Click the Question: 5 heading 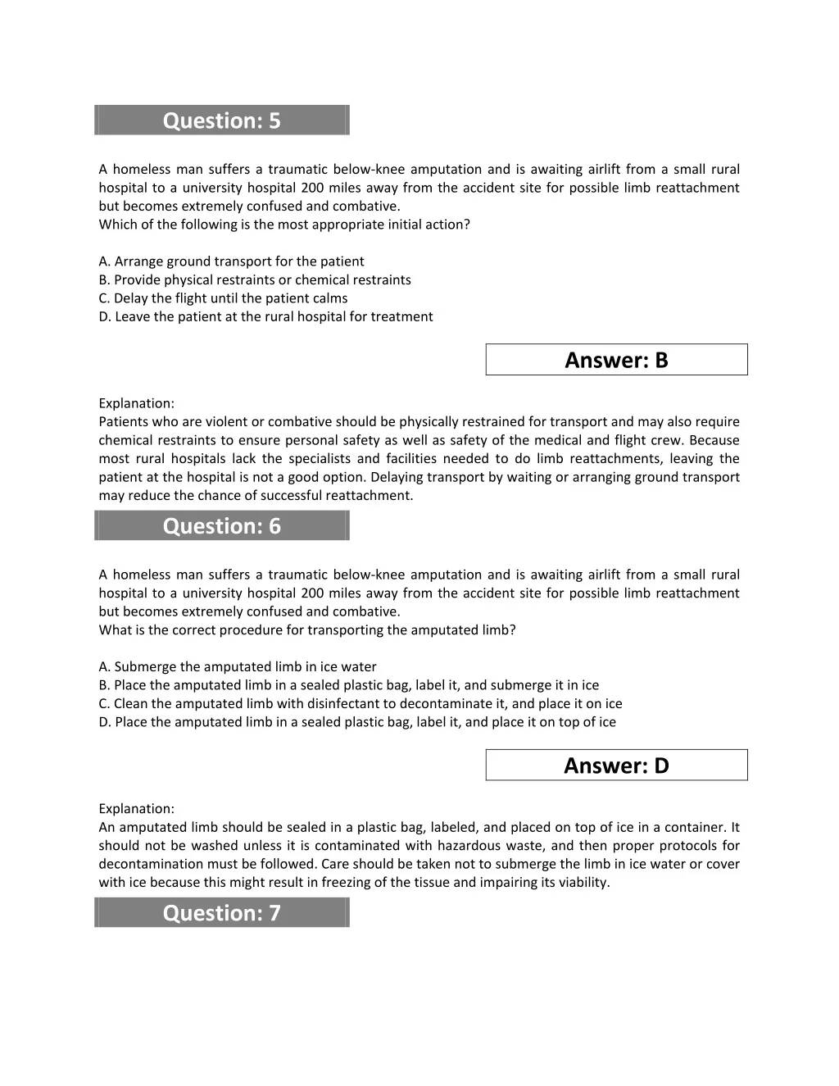(221, 120)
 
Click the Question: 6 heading (221, 526)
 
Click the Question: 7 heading (221, 913)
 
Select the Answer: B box (616, 360)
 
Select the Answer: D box (616, 766)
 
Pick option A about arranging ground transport (231, 261)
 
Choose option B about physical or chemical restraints (254, 279)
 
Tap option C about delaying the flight (223, 298)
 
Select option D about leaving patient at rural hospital (265, 316)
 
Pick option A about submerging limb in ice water (238, 667)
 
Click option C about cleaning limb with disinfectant (360, 703)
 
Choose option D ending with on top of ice (356, 722)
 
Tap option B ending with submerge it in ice (348, 685)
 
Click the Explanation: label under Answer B (136, 403)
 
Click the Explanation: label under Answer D (136, 809)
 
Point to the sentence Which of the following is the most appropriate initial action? (284, 225)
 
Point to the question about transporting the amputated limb (307, 630)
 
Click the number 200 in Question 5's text (312, 188)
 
